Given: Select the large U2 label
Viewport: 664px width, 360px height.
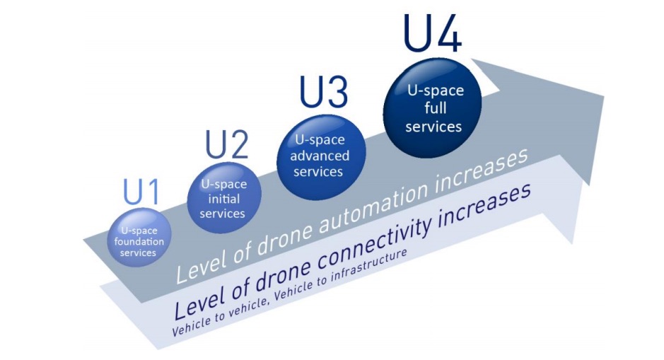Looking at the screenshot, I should coord(227,145).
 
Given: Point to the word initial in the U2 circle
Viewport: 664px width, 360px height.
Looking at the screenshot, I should coord(223,199).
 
